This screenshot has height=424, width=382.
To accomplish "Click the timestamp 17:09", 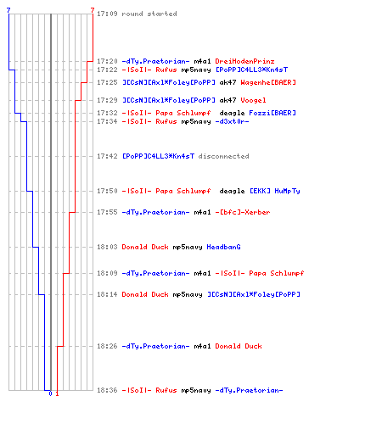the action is (x=107, y=14).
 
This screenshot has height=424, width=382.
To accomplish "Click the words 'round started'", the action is (x=149, y=14).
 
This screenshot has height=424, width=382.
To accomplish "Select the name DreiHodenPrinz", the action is (x=244, y=61).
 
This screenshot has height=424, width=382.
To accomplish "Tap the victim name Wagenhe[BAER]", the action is (x=268, y=82).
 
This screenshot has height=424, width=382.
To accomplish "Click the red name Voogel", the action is (x=253, y=100).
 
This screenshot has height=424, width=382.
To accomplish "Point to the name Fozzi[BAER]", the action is (x=272, y=113).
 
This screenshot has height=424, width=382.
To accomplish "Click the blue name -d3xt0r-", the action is (x=232, y=121).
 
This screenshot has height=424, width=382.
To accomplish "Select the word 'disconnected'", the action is (x=223, y=156).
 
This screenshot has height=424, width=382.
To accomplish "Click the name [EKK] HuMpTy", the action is (x=275, y=191).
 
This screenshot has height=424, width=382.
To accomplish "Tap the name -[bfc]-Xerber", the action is (x=243, y=212).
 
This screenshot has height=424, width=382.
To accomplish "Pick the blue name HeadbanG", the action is (x=223, y=247).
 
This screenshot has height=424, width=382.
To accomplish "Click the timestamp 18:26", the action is (x=107, y=346).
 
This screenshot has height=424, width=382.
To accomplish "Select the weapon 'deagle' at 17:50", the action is (x=232, y=191).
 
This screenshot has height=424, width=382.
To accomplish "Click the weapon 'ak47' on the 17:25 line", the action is (x=228, y=82).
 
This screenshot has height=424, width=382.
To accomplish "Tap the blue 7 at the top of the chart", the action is (x=8, y=10).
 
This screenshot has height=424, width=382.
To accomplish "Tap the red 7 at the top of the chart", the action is (x=93, y=10).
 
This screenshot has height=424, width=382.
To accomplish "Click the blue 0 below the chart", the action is (x=50, y=393).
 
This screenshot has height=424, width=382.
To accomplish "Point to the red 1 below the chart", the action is (x=57, y=393).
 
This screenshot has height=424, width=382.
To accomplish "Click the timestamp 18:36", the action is (x=107, y=390).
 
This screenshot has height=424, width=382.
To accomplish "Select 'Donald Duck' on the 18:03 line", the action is (x=145, y=247).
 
